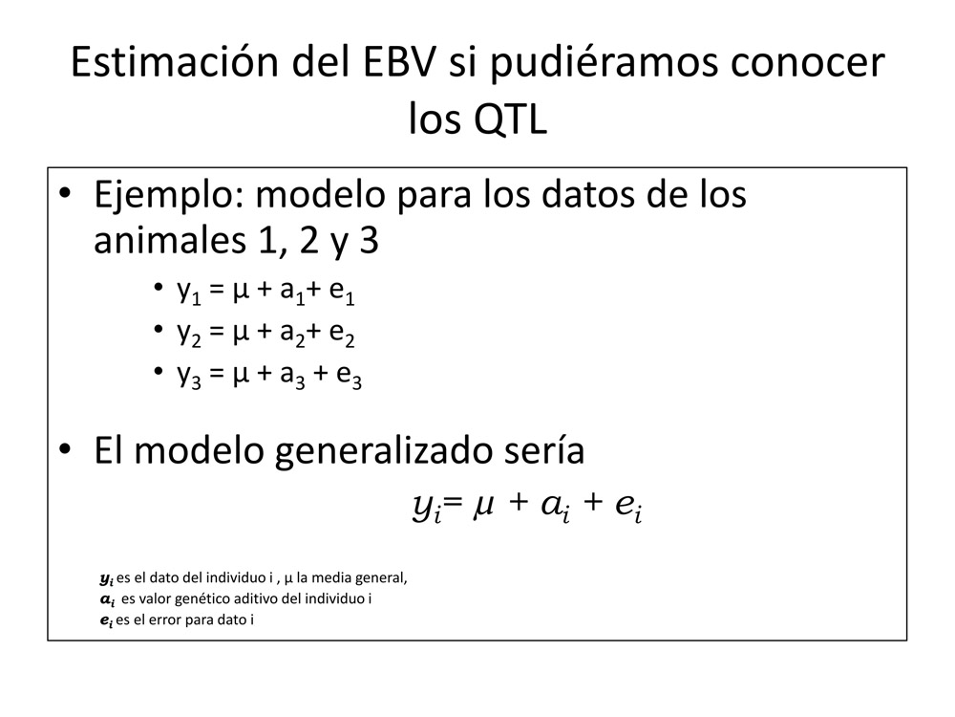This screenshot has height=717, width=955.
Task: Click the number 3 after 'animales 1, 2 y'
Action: pos(369,241)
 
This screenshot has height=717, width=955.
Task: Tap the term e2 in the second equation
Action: pos(342,334)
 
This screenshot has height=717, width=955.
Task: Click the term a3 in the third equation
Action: pos(292,376)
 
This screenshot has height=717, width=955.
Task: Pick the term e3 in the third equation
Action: pos(349,376)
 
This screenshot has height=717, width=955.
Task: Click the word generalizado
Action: pos(384,452)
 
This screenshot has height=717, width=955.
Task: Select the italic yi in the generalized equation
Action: pos(426,507)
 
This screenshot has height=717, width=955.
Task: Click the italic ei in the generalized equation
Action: pos(629,507)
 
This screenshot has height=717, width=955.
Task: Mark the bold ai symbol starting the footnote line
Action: pos(107,600)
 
